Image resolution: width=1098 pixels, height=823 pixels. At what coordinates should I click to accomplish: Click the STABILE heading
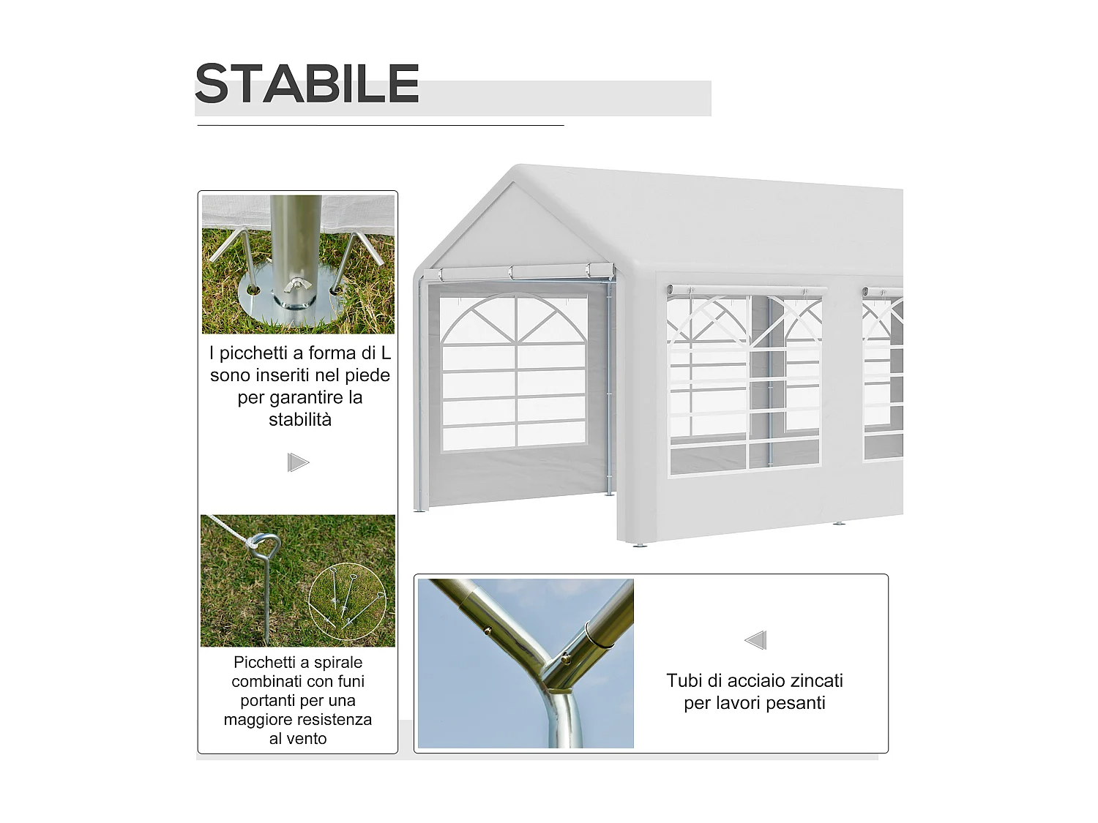click(x=307, y=83)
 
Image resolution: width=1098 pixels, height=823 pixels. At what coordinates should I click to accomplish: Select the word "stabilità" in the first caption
click(x=300, y=420)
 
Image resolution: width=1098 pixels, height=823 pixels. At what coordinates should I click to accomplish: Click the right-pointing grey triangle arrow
click(x=298, y=462)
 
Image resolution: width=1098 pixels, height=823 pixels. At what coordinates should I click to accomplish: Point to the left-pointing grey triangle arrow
click(x=755, y=640)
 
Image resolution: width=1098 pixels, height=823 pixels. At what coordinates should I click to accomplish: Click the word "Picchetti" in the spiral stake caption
click(x=265, y=662)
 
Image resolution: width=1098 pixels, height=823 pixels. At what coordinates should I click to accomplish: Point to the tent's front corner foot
click(x=640, y=544)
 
